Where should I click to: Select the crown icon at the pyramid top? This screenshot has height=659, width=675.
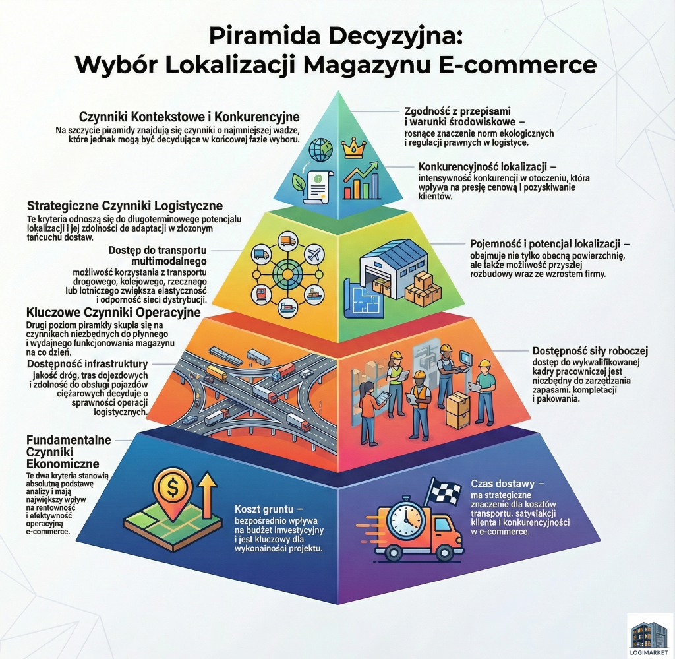click(353, 148)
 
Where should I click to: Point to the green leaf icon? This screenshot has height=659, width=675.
click(299, 182)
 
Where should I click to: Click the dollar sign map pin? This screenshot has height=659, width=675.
click(173, 492)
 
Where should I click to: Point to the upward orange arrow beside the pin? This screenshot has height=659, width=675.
click(207, 495)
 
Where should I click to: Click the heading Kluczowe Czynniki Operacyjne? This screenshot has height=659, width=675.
click(113, 312)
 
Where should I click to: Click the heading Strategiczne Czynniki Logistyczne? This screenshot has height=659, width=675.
click(125, 205)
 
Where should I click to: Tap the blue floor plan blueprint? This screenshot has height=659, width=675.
click(363, 297)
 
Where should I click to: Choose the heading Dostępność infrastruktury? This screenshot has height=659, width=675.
click(88, 364)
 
